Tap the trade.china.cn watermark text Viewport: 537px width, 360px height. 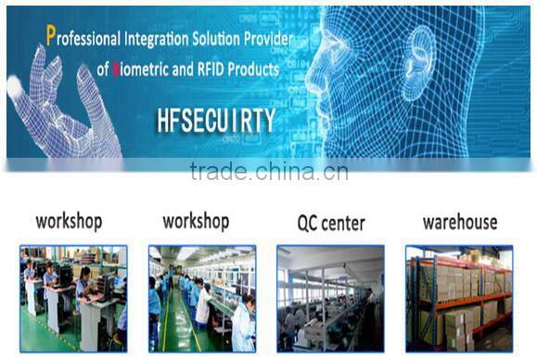point(269,172)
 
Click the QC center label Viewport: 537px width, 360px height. point(330,224)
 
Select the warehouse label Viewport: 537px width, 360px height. point(460,223)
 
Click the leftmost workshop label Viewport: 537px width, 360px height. point(69,222)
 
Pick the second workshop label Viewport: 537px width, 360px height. point(196,222)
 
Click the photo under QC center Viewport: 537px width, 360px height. point(330,298)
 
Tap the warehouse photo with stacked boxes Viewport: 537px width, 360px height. point(459,298)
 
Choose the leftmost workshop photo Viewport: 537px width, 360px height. point(73,298)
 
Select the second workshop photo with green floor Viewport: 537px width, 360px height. point(201,298)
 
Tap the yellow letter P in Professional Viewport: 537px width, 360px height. point(51,37)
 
